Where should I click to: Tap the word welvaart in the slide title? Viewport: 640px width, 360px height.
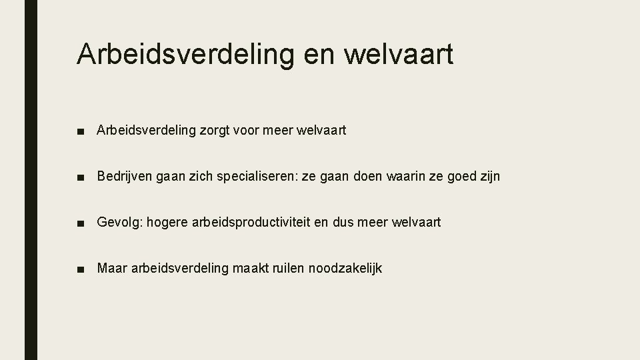(x=399, y=54)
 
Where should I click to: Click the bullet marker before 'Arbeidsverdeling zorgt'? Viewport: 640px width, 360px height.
(x=80, y=131)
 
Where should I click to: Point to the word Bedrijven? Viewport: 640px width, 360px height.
(x=124, y=177)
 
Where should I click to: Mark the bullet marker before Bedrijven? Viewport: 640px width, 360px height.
(x=80, y=177)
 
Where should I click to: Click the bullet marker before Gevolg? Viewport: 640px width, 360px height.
(x=80, y=223)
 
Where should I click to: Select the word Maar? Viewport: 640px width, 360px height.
(x=111, y=268)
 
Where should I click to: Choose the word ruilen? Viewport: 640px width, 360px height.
(x=285, y=268)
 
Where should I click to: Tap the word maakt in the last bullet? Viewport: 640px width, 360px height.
(x=249, y=268)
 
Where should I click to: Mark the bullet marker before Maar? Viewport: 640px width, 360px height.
(x=80, y=269)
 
